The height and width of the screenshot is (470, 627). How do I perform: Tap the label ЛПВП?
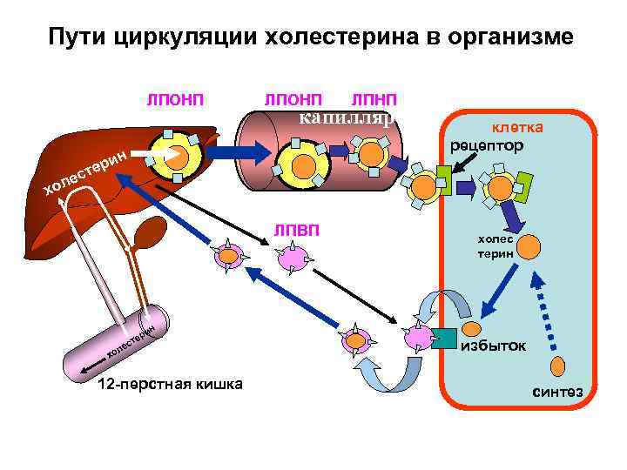(296, 230)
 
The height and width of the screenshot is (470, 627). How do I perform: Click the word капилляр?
(347, 117)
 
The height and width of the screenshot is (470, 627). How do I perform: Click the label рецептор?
(488, 145)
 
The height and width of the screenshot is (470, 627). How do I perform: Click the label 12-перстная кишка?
(171, 385)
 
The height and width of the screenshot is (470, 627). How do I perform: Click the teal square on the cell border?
(443, 337)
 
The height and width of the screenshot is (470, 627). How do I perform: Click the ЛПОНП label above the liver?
(175, 101)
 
